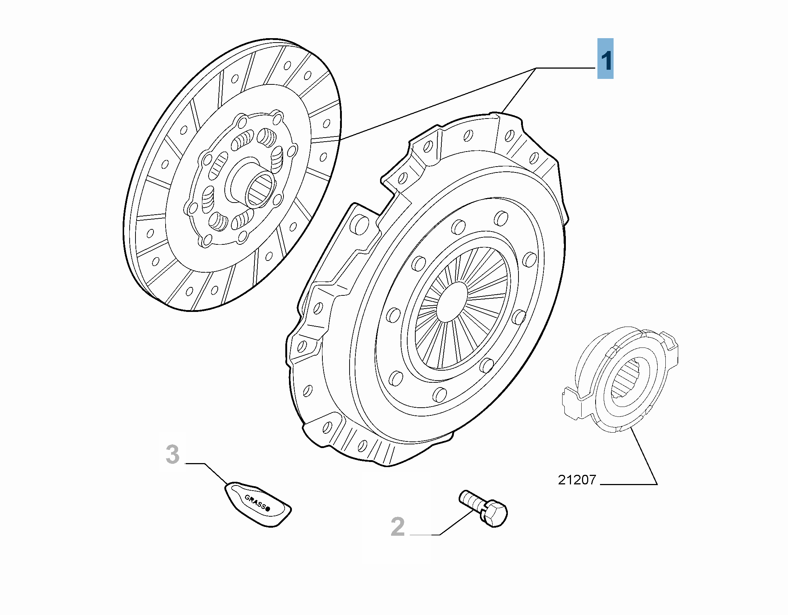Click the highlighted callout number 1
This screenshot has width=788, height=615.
[x=606, y=59]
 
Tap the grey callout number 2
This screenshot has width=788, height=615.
[x=398, y=527]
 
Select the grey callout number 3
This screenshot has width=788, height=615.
[x=173, y=455]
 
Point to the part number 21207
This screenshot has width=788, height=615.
[x=577, y=480]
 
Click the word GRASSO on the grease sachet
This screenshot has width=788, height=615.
[x=257, y=503]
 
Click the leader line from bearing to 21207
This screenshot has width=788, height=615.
[x=644, y=457]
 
